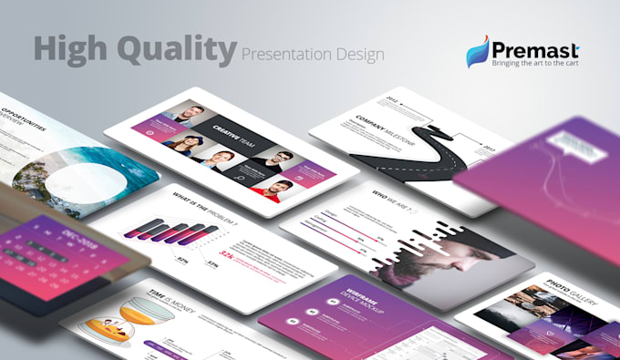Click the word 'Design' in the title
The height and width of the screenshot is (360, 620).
click(359, 54)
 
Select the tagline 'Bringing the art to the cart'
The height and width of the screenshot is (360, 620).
click(534, 64)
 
